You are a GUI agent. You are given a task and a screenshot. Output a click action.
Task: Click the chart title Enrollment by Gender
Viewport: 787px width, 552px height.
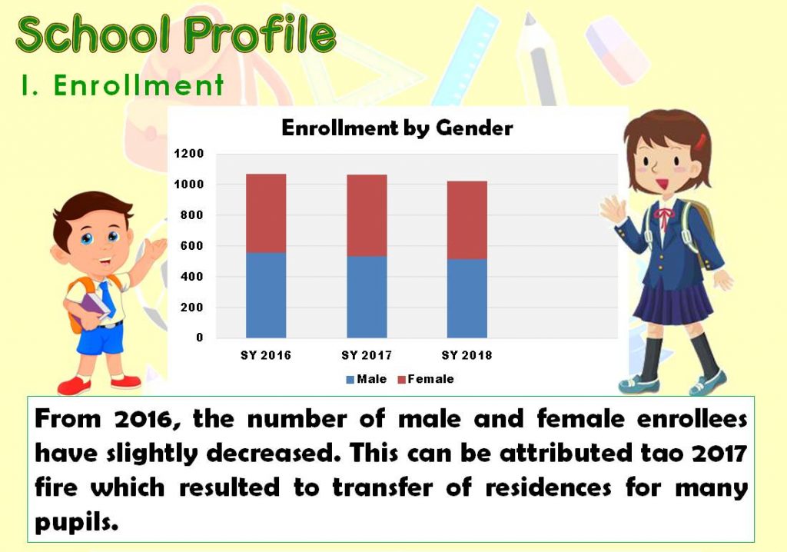pyautogui.click(x=397, y=128)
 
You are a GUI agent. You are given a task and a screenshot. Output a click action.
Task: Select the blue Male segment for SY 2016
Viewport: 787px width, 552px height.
pyautogui.click(x=266, y=294)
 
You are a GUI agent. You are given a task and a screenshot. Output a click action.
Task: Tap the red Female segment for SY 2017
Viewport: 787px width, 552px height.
pyautogui.click(x=367, y=215)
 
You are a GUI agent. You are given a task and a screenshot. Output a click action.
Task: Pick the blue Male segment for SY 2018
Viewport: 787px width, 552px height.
pyautogui.click(x=467, y=298)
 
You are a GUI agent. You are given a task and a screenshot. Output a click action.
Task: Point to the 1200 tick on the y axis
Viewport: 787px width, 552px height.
pyautogui.click(x=189, y=154)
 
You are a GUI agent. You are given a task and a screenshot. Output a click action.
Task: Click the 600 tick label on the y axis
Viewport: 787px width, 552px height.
pyautogui.click(x=191, y=245)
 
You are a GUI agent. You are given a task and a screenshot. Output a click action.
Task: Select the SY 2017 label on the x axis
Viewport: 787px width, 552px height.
pyautogui.click(x=367, y=356)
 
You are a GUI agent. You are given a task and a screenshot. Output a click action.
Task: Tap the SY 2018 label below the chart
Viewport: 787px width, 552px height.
pyautogui.click(x=467, y=356)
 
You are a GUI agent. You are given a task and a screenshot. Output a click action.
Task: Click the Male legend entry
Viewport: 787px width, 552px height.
pyautogui.click(x=367, y=379)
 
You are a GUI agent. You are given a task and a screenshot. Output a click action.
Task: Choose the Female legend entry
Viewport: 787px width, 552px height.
pyautogui.click(x=426, y=379)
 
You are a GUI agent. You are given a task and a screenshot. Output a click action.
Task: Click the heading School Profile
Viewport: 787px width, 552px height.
pyautogui.click(x=176, y=34)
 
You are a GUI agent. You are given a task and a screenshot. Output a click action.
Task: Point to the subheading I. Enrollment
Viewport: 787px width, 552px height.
pyautogui.click(x=123, y=85)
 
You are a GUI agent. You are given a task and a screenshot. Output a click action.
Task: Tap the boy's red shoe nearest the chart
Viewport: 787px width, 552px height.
pyautogui.click(x=126, y=381)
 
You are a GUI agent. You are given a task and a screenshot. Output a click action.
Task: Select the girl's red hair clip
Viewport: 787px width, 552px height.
pyautogui.click(x=701, y=141)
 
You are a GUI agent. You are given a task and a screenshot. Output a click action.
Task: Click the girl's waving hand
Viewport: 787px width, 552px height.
pyautogui.click(x=613, y=209)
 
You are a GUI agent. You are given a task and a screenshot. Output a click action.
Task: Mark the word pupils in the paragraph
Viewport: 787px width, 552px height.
pyautogui.click(x=76, y=522)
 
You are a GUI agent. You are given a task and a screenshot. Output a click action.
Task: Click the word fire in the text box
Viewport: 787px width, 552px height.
pyautogui.click(x=56, y=487)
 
